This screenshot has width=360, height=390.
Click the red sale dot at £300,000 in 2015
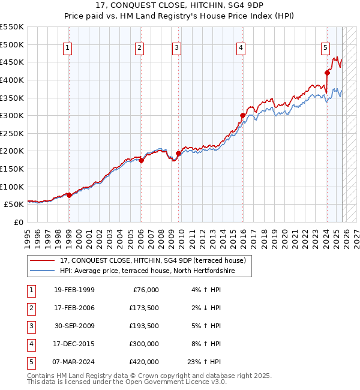click(x=242, y=116)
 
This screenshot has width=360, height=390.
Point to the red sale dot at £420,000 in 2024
click(x=327, y=73)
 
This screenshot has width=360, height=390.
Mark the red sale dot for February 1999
click(x=69, y=195)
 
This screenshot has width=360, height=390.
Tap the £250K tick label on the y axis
click(x=12, y=133)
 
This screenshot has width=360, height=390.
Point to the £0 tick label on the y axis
click(x=19, y=222)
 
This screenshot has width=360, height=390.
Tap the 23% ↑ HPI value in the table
click(x=203, y=361)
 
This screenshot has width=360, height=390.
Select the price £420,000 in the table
click(x=143, y=361)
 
